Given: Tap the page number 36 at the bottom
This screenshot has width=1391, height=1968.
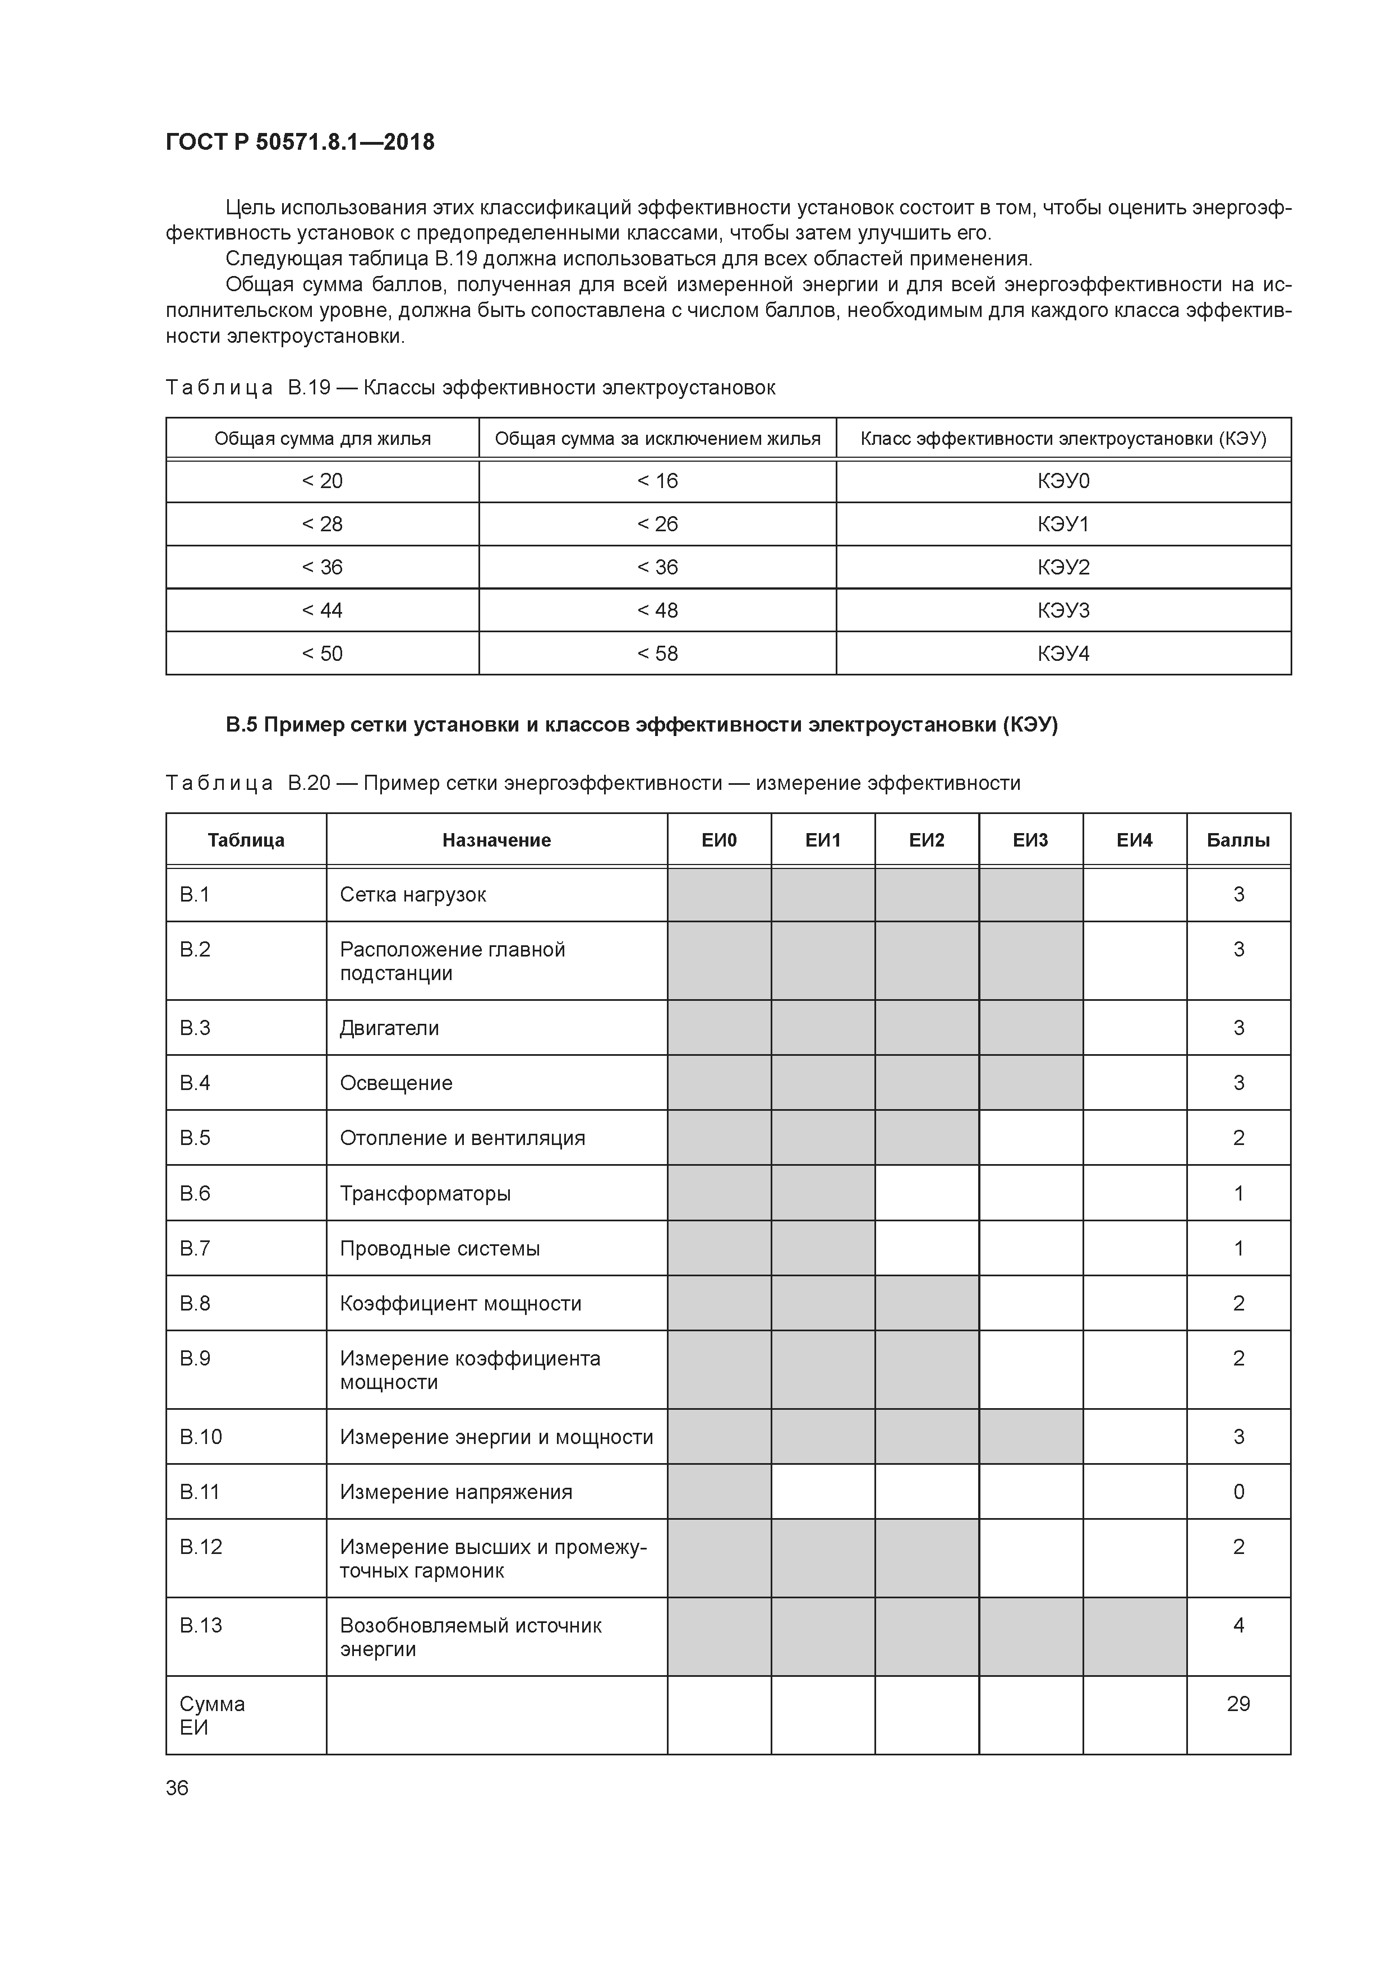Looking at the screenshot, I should click(x=177, y=1787).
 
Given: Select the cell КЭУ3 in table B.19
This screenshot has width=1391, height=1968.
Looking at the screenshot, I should click(x=1063, y=610).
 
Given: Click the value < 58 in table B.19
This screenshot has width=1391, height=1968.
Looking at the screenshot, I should click(x=657, y=653).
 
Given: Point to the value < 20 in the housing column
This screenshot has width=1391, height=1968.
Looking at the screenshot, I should click(x=323, y=481).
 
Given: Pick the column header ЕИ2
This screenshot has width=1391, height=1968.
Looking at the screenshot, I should click(x=927, y=840).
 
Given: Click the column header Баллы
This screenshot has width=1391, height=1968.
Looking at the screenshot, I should click(x=1237, y=840).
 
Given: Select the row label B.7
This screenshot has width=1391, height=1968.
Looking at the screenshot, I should click(x=195, y=1248).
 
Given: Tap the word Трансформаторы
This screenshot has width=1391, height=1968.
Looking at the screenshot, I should click(x=425, y=1193).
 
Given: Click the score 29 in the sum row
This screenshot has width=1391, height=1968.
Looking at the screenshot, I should click(x=1237, y=1703).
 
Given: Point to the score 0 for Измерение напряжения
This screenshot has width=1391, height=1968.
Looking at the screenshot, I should click(x=1237, y=1492).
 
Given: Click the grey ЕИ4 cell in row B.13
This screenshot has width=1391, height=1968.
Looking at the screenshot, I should click(x=1134, y=1636).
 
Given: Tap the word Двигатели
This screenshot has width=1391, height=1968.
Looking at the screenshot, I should click(x=389, y=1028).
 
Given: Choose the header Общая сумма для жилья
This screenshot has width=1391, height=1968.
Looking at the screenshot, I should click(x=323, y=439).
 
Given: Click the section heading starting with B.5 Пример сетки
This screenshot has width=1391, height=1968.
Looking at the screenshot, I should click(x=642, y=725).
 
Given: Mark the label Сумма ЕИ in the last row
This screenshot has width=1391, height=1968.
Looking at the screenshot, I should click(x=211, y=1715).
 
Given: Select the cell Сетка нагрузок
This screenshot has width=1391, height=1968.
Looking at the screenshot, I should click(x=413, y=895).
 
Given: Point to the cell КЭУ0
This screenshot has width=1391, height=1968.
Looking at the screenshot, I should click(x=1063, y=481).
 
